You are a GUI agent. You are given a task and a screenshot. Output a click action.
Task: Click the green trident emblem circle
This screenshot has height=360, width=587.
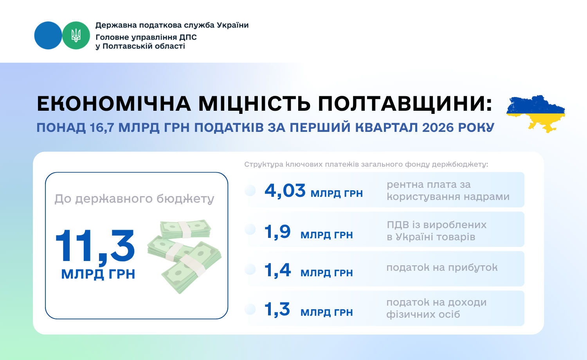(76, 35)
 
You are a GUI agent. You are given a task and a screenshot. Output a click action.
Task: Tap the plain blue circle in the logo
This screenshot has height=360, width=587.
(48, 35)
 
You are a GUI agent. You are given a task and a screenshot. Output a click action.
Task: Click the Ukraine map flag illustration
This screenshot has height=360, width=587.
(536, 114)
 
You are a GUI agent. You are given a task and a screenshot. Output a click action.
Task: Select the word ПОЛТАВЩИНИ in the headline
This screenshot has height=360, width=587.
(405, 104)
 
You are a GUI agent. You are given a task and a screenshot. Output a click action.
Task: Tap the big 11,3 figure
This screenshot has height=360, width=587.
(95, 246)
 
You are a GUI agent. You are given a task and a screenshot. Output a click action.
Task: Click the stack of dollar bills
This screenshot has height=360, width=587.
(184, 256)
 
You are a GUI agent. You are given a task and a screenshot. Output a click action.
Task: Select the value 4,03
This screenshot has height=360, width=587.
(285, 191)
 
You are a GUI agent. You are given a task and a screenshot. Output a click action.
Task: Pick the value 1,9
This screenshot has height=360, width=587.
(277, 232)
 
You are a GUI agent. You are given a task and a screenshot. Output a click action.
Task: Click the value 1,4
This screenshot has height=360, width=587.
(277, 270)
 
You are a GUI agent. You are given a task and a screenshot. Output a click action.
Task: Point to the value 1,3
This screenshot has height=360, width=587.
(277, 310)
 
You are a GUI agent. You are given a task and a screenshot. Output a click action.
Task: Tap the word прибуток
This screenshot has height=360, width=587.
(473, 268)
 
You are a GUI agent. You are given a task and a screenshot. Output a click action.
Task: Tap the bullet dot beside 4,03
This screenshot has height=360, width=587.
(250, 191)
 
